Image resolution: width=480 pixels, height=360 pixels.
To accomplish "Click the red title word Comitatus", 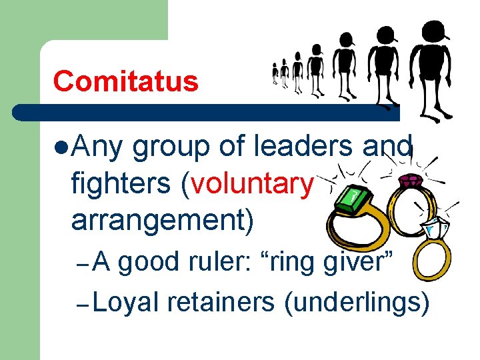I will click(126, 81).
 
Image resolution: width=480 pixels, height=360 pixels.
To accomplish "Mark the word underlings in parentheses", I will click(356, 303).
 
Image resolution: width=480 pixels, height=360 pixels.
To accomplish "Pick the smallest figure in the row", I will click(275, 73).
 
